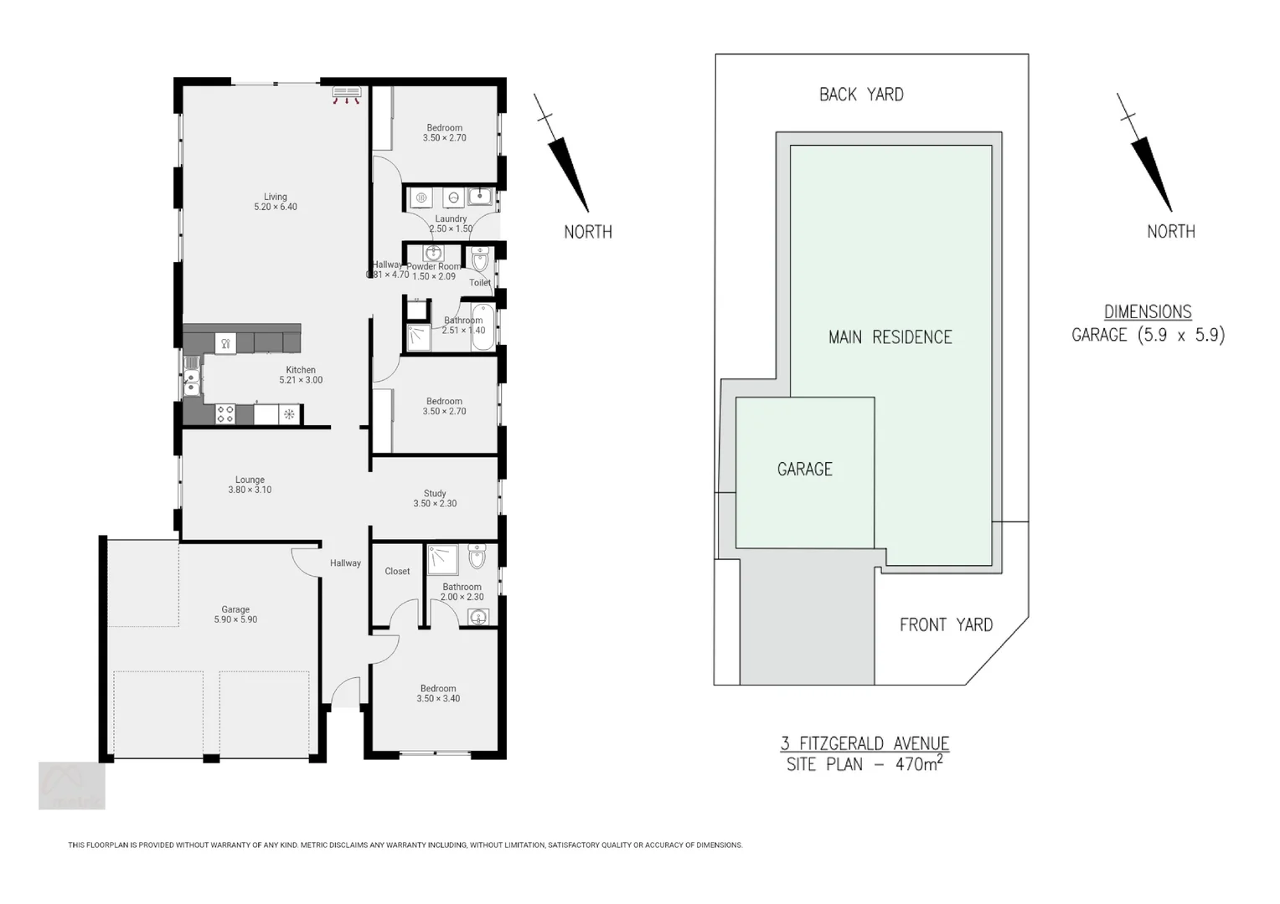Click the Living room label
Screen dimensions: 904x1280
(x=275, y=202)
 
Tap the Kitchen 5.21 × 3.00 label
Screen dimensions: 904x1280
(x=301, y=375)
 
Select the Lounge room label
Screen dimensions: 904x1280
(x=250, y=485)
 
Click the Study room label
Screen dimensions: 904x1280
(x=435, y=498)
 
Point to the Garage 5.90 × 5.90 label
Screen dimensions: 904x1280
(x=235, y=614)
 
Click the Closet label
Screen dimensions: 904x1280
(x=397, y=571)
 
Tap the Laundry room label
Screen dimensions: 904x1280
(x=451, y=223)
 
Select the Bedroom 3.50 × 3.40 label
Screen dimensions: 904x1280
(x=438, y=693)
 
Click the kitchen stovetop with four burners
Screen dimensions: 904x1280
(x=225, y=413)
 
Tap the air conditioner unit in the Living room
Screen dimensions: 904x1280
(x=346, y=92)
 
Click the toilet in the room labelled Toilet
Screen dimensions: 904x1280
(x=479, y=261)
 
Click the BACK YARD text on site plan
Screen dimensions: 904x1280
(x=861, y=95)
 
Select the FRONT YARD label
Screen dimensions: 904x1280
(x=946, y=624)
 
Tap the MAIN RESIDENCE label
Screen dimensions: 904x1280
(x=890, y=337)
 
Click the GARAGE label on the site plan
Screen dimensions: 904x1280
(x=804, y=470)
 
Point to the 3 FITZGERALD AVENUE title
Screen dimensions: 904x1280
(x=865, y=743)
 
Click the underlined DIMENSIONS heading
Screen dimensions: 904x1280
(x=1148, y=311)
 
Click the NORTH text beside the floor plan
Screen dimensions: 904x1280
(x=587, y=232)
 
